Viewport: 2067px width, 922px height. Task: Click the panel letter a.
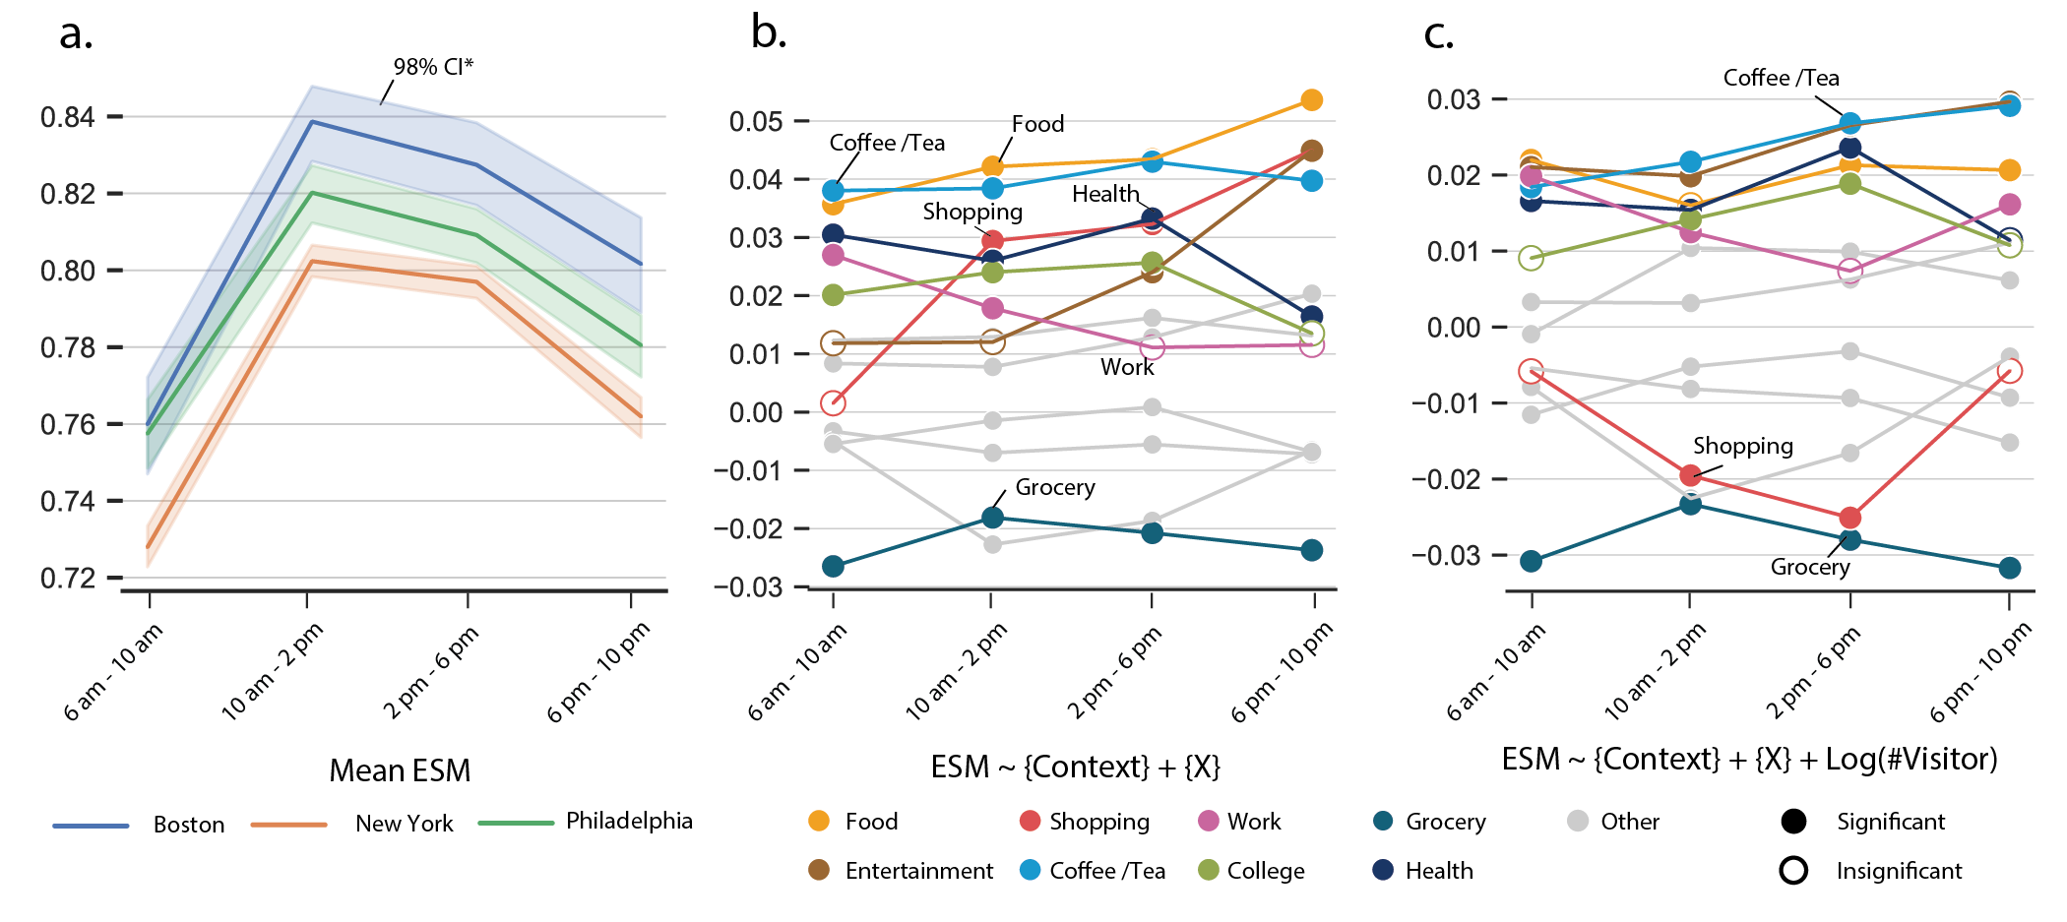(76, 33)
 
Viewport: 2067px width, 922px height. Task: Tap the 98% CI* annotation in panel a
(433, 67)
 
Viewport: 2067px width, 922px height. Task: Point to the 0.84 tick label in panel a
(68, 117)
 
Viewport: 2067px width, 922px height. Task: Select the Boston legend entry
(188, 825)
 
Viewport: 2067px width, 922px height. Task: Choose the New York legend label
(404, 824)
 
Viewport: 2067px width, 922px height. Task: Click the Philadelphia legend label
(629, 821)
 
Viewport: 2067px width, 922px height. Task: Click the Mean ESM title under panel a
(400, 770)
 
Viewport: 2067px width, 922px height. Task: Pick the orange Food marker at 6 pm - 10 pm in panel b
(1311, 100)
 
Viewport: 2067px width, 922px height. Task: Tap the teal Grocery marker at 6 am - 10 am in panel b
(833, 566)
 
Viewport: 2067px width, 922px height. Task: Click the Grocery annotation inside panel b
(1055, 487)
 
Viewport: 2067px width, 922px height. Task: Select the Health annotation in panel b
(1104, 194)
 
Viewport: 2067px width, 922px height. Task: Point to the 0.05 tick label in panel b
(755, 122)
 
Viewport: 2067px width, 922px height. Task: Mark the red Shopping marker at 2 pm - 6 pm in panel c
(1849, 518)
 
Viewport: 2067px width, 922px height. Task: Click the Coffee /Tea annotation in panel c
(1781, 78)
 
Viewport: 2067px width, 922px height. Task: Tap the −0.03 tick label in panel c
(1445, 556)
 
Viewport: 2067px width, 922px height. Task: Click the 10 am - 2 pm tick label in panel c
(1656, 671)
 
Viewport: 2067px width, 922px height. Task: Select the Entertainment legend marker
(818, 870)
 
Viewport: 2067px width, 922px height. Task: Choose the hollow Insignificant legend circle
(1793, 870)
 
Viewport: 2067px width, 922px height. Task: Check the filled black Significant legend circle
(1793, 822)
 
